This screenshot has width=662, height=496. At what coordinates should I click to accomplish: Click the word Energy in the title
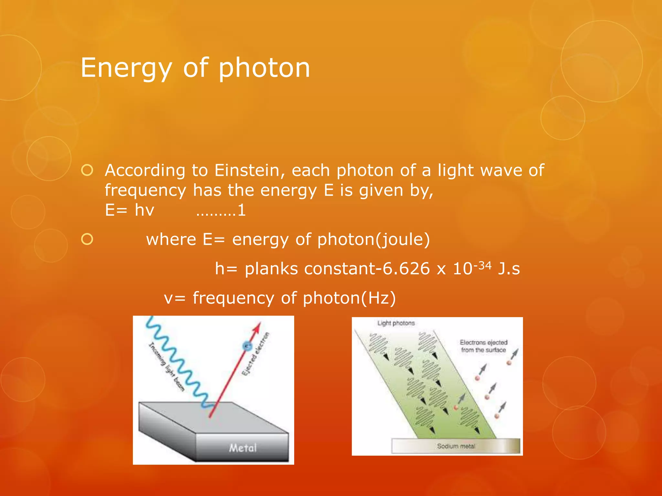point(126,68)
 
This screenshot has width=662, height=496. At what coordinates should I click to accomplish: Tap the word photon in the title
point(264,68)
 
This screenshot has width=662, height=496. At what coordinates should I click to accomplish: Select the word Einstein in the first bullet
point(250,170)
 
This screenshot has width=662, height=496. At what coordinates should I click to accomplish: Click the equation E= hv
point(129,210)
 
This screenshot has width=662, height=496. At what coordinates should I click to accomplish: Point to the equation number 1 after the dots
point(241,211)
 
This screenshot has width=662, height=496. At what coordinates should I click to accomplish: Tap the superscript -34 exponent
point(482,265)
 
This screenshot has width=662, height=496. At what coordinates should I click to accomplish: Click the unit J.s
point(509,269)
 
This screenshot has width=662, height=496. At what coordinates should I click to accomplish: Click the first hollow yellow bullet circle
point(87,170)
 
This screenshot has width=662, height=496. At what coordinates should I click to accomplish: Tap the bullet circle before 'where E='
point(87,239)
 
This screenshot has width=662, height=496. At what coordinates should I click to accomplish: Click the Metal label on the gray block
point(243,448)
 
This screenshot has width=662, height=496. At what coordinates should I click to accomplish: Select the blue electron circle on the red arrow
point(247,346)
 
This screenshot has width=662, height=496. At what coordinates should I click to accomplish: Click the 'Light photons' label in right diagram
point(396,323)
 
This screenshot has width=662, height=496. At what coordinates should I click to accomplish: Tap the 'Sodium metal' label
point(456,446)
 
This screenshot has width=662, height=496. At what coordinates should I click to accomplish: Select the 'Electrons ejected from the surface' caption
point(484,346)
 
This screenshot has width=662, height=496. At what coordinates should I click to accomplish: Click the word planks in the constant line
point(271,269)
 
